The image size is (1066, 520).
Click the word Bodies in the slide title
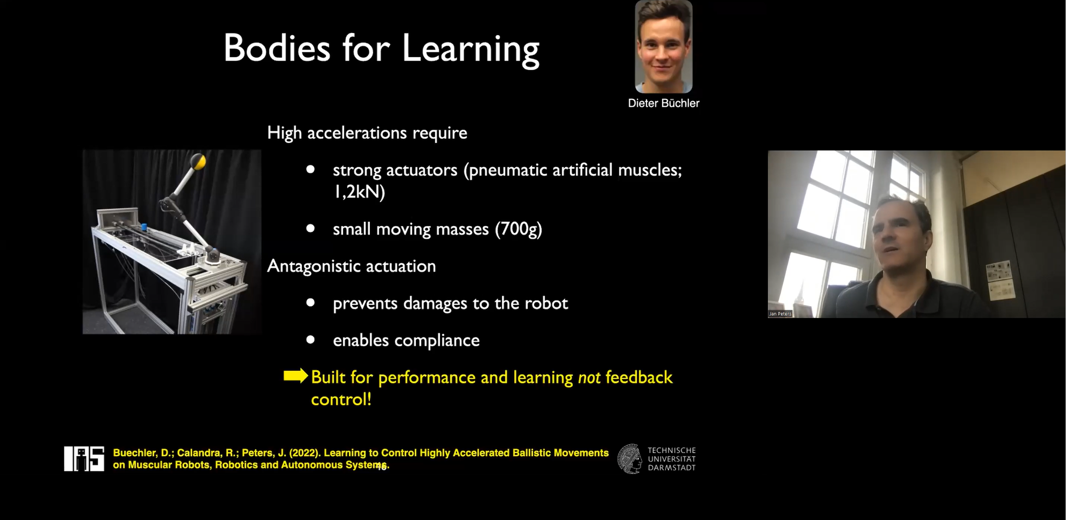tap(277, 48)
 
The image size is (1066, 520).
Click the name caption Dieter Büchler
tap(663, 103)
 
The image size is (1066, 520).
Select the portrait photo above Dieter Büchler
tap(663, 47)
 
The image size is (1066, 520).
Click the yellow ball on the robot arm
tap(198, 162)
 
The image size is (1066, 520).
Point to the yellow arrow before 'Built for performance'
tap(296, 376)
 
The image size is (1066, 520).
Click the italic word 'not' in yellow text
tap(589, 377)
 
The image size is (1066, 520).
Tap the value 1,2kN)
tap(359, 191)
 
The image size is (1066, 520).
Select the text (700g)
tap(518, 229)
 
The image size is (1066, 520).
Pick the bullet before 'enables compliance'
tap(310, 340)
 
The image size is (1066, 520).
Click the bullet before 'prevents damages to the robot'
tap(310, 302)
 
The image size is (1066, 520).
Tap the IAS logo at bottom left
tap(84, 459)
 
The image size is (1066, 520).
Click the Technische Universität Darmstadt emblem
tap(629, 459)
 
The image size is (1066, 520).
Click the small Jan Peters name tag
tap(780, 314)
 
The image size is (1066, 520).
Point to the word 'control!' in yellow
tap(341, 399)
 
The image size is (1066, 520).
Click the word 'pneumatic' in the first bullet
tap(505, 170)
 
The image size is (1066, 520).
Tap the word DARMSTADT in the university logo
tap(672, 468)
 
